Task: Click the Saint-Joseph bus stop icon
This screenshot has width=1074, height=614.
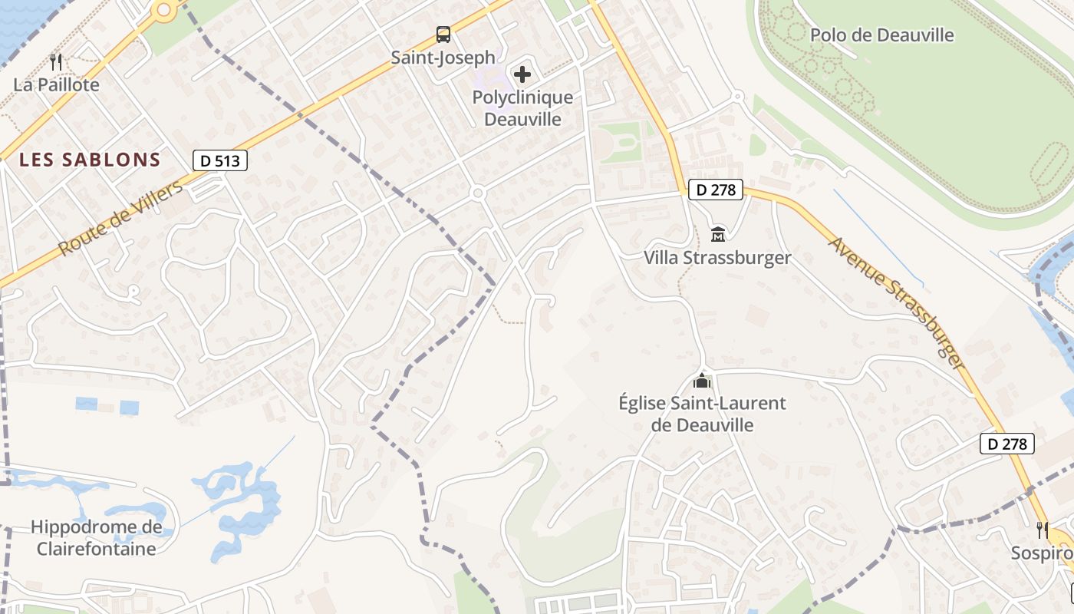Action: point(443,35)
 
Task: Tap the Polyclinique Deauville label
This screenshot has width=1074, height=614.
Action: point(522,108)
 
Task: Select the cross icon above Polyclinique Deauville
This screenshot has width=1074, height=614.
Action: point(522,74)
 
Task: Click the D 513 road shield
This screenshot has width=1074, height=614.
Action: point(219,160)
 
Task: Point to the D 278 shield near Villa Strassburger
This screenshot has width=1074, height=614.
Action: point(717,190)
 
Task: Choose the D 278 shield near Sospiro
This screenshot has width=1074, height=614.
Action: point(1007,444)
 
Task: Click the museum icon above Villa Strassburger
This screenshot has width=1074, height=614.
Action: point(718,233)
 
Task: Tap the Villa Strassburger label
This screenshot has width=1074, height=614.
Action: point(717,257)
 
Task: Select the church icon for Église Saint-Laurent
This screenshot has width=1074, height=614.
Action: point(702,380)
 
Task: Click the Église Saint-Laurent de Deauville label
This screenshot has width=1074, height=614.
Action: point(702,414)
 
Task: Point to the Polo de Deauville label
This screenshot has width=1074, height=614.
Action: point(882,35)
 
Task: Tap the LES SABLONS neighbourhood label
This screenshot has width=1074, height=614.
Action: point(90,160)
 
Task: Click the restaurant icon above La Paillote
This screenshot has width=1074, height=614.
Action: point(55,61)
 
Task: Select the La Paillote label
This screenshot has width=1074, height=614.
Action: point(56,84)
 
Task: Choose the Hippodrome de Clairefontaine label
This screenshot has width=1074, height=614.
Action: point(97,538)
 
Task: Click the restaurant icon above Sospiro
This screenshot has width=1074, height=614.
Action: point(1042,530)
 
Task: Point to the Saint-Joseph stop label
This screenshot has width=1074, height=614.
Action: point(443,58)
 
